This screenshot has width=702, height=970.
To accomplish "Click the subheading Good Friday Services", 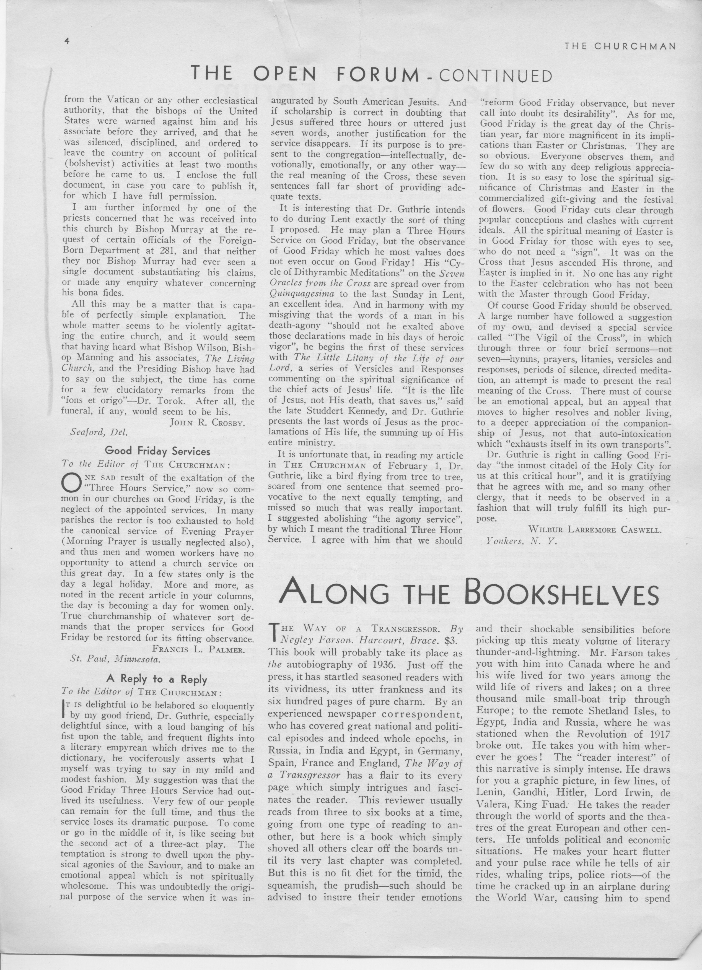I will click(157, 451).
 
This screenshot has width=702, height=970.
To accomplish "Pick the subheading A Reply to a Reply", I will click(157, 679).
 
